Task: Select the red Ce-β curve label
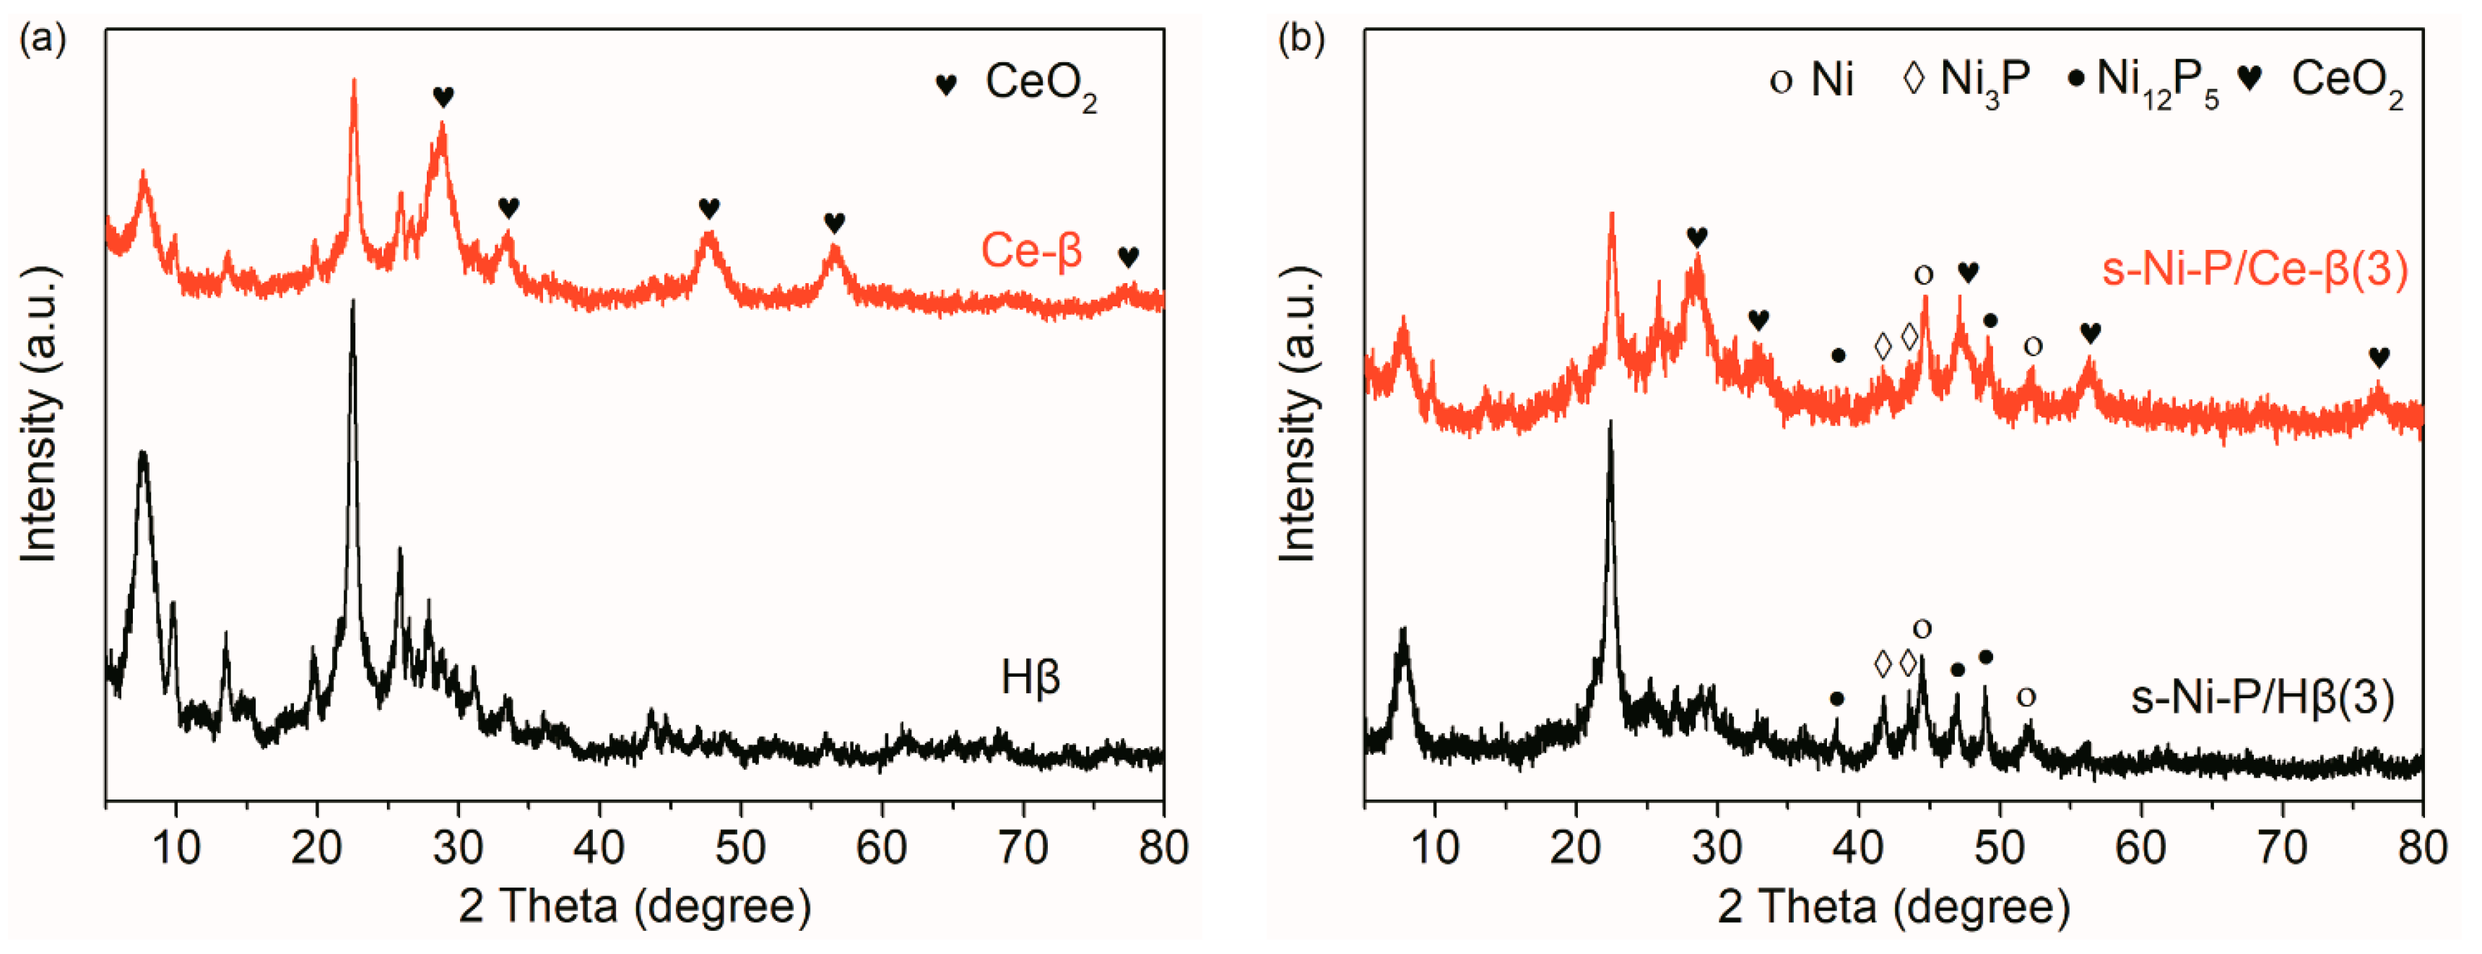[1031, 251]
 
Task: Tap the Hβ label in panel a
[1030, 677]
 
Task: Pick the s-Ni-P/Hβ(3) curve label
[2261, 697]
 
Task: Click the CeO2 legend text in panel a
[1041, 84]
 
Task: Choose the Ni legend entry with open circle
[1813, 79]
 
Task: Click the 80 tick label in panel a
[1163, 848]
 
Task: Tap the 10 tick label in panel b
[1435, 848]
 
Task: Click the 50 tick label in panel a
[740, 848]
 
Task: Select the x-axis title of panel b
[1893, 908]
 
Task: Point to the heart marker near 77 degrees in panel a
[1128, 257]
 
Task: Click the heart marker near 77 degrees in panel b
[2379, 357]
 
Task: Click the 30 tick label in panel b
[1717, 848]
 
